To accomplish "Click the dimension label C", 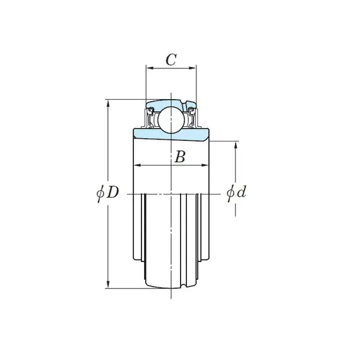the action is pyautogui.click(x=171, y=60).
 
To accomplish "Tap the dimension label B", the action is pyautogui.click(x=180, y=157).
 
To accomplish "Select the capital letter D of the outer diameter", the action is pyautogui.click(x=112, y=192).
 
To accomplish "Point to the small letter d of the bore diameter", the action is pyautogui.click(x=242, y=191).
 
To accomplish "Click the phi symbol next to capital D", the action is pyautogui.click(x=100, y=193).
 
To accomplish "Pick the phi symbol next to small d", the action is pyautogui.click(x=231, y=193).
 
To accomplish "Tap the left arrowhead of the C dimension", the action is pyautogui.click(x=150, y=68).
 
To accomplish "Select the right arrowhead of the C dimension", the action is pyautogui.click(x=193, y=68).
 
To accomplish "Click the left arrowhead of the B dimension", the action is pyautogui.click(x=137, y=165).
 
